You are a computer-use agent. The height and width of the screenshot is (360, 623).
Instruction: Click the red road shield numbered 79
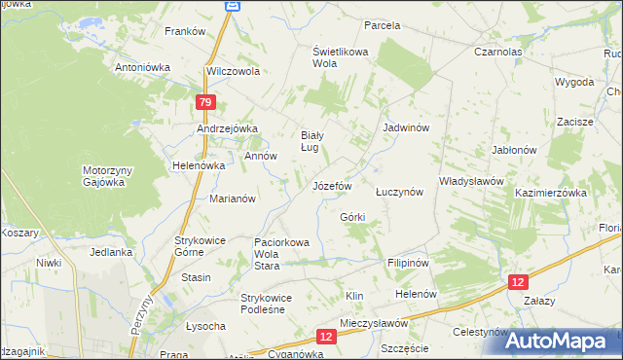[203, 102]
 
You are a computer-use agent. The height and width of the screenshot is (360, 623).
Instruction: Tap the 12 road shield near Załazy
[519, 281]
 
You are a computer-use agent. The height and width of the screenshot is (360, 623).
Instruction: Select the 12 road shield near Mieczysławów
[326, 336]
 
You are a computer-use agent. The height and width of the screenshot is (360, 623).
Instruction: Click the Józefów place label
[331, 185]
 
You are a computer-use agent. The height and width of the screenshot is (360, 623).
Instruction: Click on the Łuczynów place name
[399, 192]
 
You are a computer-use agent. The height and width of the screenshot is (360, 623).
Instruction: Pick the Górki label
[352, 216]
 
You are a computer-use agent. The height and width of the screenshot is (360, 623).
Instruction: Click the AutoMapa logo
[564, 341]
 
